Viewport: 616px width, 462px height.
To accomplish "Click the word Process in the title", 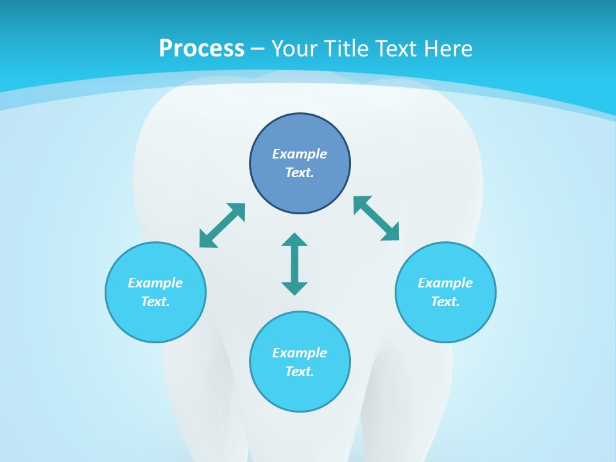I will click(201, 49).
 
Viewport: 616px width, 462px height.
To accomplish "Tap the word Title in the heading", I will click(348, 49).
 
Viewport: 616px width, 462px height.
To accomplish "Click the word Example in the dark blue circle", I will click(300, 154).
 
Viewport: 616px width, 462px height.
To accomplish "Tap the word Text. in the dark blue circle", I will click(300, 173).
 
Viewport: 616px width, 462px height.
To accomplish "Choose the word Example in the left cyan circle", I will click(155, 283).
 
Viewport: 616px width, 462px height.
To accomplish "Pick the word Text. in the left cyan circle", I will click(155, 302).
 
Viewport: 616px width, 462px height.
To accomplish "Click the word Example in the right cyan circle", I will click(445, 283).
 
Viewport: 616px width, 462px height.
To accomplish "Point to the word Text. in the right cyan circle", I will click(445, 302).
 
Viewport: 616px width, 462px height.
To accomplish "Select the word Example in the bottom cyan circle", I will click(300, 353).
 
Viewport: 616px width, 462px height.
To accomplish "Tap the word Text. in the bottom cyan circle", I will click(300, 372).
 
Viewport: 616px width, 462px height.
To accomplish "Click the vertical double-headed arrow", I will click(295, 264).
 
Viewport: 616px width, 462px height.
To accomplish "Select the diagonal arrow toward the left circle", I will click(222, 225).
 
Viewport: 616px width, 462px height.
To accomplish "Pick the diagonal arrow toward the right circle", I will click(377, 218).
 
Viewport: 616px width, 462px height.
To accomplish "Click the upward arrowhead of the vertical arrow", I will click(295, 239).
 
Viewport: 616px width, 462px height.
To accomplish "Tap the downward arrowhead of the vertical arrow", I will click(295, 288).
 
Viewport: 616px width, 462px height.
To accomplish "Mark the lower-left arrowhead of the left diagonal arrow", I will click(207, 239).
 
